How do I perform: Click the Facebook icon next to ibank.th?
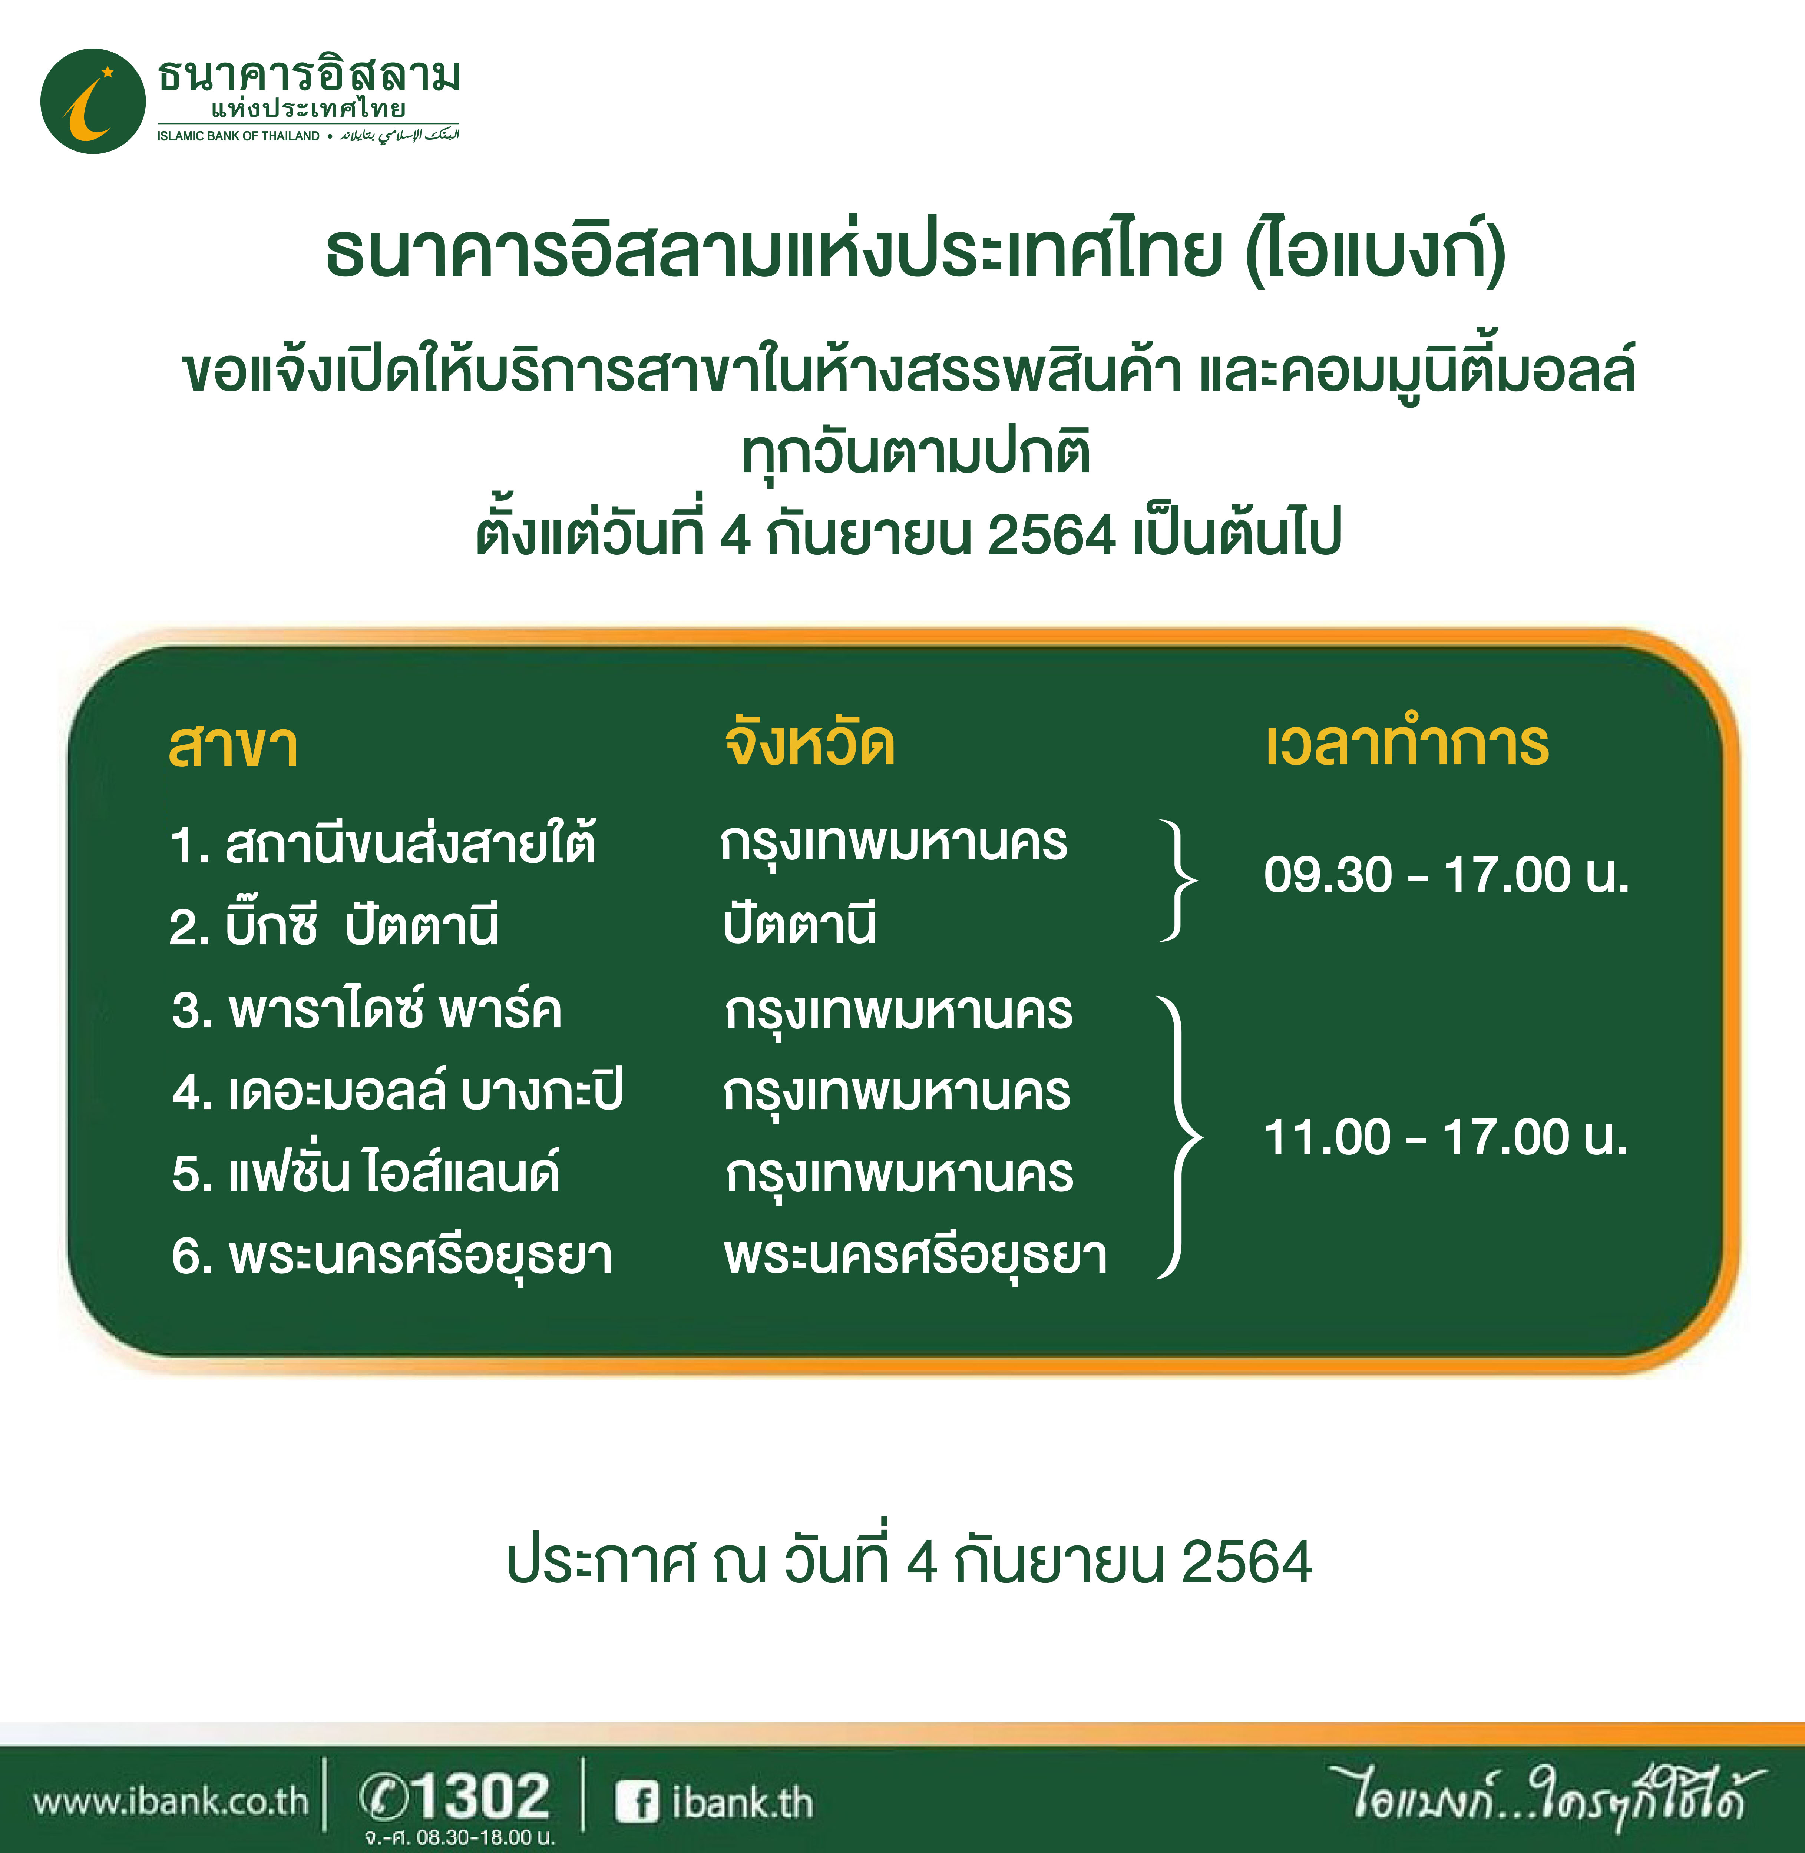coord(636,1802)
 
